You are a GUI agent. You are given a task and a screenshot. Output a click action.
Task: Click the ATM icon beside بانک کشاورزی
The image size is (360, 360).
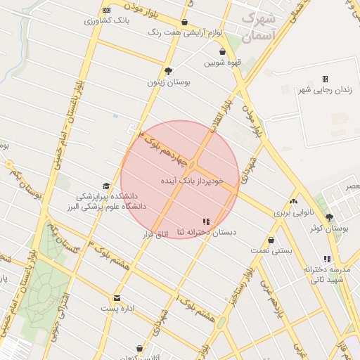click(106, 10)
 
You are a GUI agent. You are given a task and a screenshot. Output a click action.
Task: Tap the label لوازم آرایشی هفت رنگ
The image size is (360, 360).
click(185, 32)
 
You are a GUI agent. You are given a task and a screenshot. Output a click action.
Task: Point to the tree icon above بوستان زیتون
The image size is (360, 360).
click(168, 71)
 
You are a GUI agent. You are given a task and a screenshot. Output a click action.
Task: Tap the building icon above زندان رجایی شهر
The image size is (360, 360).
click(325, 79)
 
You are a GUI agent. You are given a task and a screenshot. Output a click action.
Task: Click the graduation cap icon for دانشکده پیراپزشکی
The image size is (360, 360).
click(106, 186)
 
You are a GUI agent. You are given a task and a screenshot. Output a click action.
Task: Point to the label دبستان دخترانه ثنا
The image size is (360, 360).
click(207, 232)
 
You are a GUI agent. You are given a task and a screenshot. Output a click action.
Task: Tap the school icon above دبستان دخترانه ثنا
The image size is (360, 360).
click(206, 221)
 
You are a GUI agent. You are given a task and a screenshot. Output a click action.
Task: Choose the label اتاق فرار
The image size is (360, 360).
click(157, 233)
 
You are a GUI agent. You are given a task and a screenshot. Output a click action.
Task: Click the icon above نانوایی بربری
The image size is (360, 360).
click(293, 201)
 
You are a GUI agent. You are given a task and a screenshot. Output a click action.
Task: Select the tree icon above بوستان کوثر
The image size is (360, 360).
click(329, 217)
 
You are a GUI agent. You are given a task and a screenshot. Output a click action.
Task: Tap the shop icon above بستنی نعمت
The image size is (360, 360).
click(271, 240)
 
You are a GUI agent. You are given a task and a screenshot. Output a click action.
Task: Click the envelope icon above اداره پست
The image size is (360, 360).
click(117, 297)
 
